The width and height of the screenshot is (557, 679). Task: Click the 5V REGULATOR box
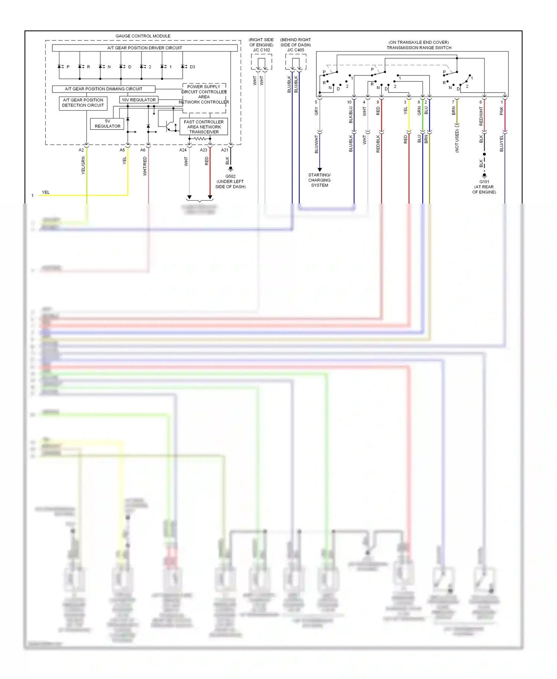[x=107, y=124]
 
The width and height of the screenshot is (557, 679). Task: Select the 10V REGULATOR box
[x=139, y=100]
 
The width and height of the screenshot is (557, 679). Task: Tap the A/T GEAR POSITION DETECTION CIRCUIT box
[x=83, y=103]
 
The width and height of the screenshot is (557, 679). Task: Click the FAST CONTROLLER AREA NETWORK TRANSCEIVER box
[x=203, y=127]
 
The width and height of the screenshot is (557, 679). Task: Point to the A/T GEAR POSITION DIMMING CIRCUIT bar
[x=104, y=89]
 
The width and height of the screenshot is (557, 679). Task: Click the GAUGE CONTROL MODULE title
[x=143, y=36]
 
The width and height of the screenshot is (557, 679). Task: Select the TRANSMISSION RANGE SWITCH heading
[x=419, y=48]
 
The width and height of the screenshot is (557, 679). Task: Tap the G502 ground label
[x=230, y=176]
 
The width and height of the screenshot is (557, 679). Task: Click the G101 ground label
[x=484, y=182]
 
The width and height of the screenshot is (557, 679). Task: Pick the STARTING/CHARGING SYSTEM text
[x=319, y=180]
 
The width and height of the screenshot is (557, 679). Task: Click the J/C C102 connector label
[x=261, y=50]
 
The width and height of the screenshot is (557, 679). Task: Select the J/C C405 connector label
[x=296, y=50]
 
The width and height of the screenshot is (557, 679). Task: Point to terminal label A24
[x=183, y=150]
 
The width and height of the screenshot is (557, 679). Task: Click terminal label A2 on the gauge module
[x=81, y=150]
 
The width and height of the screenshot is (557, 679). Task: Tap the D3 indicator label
[x=192, y=67]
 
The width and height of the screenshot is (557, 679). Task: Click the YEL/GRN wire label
[x=83, y=165]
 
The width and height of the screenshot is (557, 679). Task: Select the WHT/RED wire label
[x=145, y=166]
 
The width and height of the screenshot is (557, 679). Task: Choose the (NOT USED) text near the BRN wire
[x=457, y=141]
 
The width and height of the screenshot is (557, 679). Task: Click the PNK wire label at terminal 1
[x=501, y=111]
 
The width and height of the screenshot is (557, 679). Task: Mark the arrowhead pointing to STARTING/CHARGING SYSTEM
[x=320, y=169]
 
